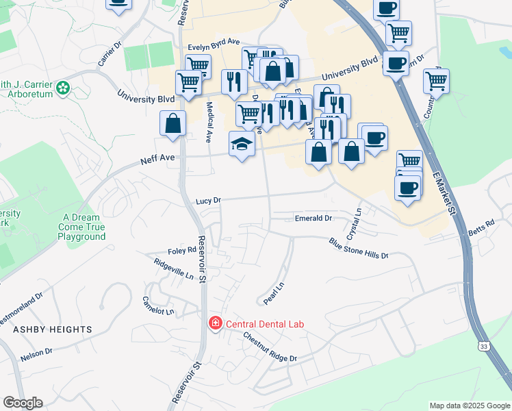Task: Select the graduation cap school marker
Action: [242, 143]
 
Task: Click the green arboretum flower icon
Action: [63, 87]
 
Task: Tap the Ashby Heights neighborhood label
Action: [52, 329]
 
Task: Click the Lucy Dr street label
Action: [208, 201]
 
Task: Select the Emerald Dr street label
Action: [313, 218]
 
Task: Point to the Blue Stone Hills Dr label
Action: [358, 248]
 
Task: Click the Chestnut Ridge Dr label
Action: [270, 347]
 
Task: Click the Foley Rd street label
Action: [183, 251]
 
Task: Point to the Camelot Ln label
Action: [158, 305]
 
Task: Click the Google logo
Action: [23, 403]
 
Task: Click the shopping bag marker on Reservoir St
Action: [173, 123]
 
